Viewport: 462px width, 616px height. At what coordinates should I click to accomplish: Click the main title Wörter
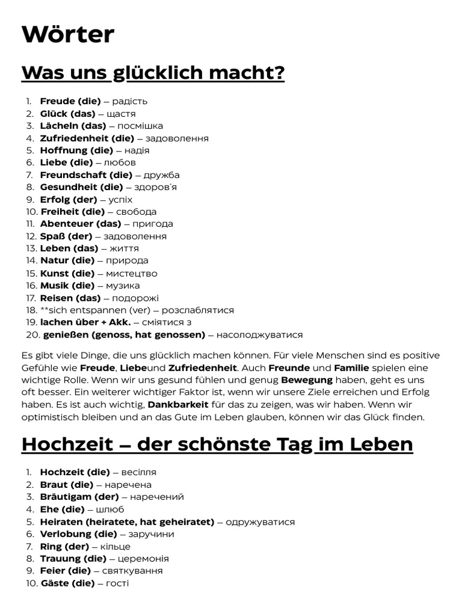(x=67, y=34)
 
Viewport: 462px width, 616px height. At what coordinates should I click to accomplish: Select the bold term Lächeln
(x=58, y=126)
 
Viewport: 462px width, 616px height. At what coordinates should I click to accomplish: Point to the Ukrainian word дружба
(x=162, y=175)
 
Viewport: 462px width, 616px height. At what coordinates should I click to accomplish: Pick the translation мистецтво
(x=132, y=273)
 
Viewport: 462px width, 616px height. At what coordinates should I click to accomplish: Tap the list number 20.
(x=32, y=334)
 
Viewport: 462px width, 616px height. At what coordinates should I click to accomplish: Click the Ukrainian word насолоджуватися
(x=259, y=334)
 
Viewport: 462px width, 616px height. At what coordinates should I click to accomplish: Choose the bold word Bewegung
(x=307, y=380)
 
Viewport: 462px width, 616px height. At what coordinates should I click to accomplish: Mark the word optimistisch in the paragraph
(x=50, y=417)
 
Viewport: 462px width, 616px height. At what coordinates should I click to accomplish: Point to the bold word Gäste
(x=55, y=583)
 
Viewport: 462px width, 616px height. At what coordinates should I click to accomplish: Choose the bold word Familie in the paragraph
(x=352, y=368)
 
